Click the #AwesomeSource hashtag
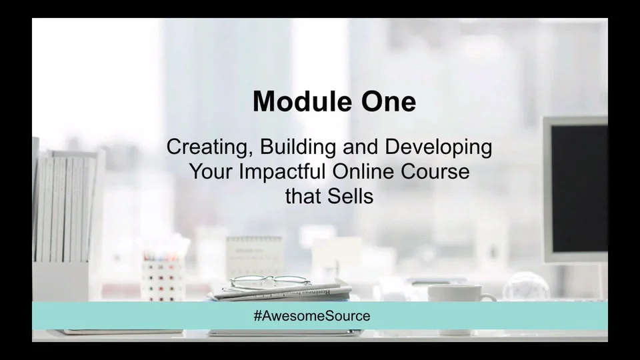tap(311, 316)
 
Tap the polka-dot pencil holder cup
tap(162, 280)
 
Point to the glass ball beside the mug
tap(525, 287)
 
